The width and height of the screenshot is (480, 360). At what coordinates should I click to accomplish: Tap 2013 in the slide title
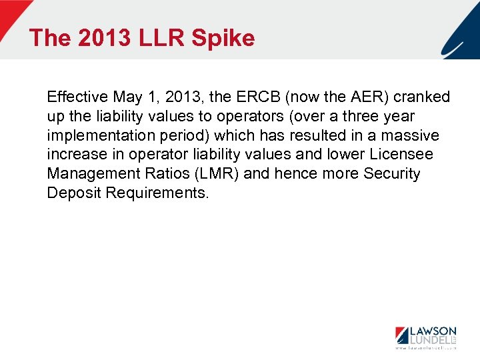pyautogui.click(x=105, y=38)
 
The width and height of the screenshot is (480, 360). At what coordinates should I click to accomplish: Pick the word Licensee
pyautogui.click(x=401, y=155)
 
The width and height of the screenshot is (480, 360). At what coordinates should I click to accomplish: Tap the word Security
pyautogui.click(x=392, y=175)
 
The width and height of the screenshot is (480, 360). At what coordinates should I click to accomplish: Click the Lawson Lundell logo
pyautogui.click(x=425, y=337)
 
